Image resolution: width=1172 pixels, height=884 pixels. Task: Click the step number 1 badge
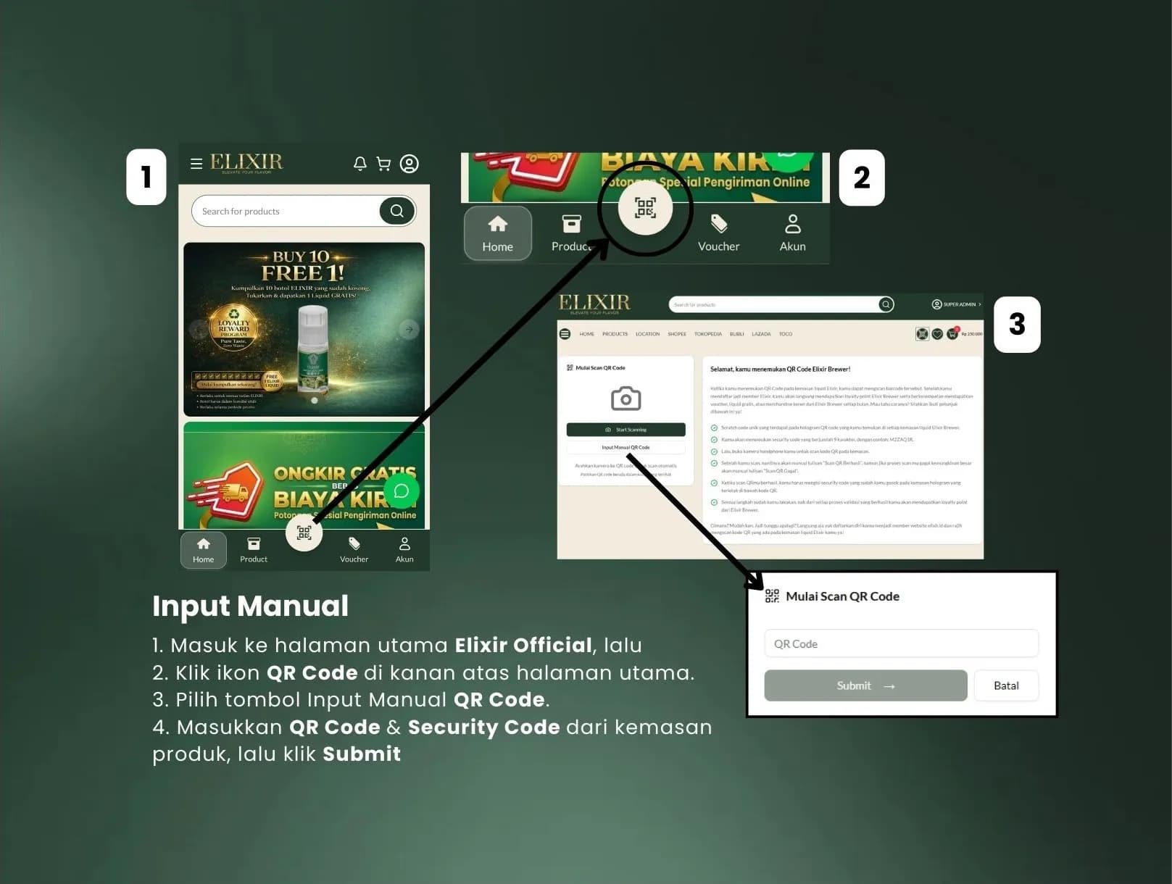[x=146, y=177]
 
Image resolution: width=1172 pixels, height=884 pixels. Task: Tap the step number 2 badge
[x=861, y=178]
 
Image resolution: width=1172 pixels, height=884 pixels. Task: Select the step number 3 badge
[x=1016, y=324]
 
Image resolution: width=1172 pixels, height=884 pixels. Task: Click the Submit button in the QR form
[x=865, y=685]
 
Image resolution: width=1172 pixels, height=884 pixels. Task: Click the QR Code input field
[x=900, y=643]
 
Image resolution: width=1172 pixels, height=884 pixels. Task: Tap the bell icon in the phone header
[x=360, y=164]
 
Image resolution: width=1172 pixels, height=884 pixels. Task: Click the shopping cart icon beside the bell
[x=383, y=164]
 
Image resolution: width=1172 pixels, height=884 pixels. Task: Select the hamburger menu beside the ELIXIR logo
[x=196, y=164]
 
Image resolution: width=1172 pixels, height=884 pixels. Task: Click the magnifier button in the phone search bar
[x=396, y=211]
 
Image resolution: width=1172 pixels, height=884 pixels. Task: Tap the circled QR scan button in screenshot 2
[x=645, y=208]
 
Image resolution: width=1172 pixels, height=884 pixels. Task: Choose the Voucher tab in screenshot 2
[x=718, y=233]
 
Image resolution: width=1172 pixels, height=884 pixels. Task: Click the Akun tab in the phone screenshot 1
[x=404, y=549]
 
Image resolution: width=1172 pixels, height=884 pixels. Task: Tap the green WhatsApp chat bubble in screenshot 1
[x=401, y=491]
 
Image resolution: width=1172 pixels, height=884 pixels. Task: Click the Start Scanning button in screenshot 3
[x=626, y=430]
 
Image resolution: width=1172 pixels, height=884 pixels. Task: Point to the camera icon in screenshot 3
[x=626, y=399]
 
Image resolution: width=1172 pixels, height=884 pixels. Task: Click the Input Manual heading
[x=250, y=606]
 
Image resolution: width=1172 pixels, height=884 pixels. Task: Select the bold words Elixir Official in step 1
[x=523, y=645]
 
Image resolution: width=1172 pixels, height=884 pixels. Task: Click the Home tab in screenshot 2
[x=497, y=233]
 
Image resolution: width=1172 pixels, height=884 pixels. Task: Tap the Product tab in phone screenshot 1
[x=254, y=549]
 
